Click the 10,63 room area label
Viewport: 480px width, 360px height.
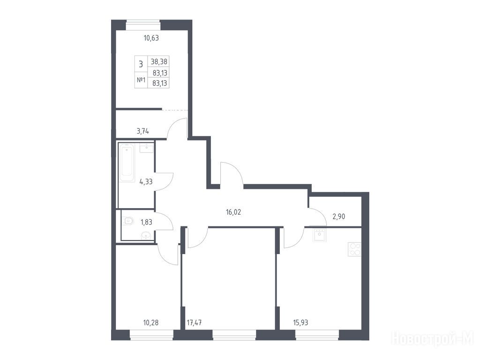click(151, 38)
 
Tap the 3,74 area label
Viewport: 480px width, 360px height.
click(142, 131)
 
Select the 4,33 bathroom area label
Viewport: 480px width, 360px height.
click(146, 181)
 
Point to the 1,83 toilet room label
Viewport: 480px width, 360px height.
click(146, 222)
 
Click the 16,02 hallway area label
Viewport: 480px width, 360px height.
click(233, 212)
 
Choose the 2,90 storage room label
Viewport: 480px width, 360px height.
click(339, 217)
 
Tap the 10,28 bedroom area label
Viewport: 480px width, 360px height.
click(151, 322)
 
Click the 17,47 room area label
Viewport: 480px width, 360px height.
click(194, 322)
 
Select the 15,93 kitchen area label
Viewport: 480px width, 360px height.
click(300, 322)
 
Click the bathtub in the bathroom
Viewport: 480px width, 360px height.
click(127, 163)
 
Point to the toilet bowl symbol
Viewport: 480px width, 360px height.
click(127, 220)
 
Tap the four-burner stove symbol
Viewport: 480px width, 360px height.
click(354, 249)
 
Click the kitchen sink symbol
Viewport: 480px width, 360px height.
click(320, 235)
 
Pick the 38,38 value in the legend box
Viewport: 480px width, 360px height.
click(159, 62)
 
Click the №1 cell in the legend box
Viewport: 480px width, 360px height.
click(141, 80)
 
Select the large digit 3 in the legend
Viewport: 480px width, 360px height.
click(141, 64)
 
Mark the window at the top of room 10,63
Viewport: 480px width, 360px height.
click(143, 25)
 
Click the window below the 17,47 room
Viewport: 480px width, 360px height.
click(234, 335)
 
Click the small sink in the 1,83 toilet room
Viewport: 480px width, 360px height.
click(146, 235)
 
